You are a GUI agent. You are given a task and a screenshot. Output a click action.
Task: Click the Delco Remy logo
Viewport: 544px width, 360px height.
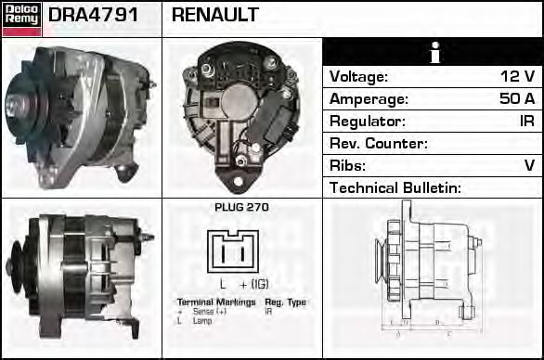pyautogui.click(x=20, y=18)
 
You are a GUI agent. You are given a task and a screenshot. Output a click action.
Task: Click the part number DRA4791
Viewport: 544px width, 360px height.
pyautogui.click(x=93, y=16)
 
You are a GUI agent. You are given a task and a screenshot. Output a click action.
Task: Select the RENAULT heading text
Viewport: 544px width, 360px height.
pyautogui.click(x=215, y=16)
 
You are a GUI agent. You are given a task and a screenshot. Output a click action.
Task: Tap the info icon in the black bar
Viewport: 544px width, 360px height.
pyautogui.click(x=433, y=53)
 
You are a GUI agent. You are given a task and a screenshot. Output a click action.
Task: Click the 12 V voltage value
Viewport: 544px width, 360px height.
pyautogui.click(x=516, y=76)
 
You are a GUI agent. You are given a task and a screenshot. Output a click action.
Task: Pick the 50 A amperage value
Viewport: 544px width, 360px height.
pyautogui.click(x=517, y=98)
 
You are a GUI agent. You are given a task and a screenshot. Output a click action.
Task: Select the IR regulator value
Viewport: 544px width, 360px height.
pyautogui.click(x=525, y=121)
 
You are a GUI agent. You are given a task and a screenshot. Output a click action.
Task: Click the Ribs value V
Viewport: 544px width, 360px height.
pyautogui.click(x=529, y=165)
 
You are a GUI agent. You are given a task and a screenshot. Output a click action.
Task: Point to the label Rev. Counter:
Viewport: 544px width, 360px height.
pyautogui.click(x=378, y=143)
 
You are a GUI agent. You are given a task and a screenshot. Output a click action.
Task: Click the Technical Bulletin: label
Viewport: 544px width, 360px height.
pyautogui.click(x=395, y=187)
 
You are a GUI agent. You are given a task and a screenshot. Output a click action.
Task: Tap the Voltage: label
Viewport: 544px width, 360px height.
pyautogui.click(x=358, y=76)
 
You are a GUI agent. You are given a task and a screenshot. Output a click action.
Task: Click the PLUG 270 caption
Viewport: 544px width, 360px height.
pyautogui.click(x=241, y=208)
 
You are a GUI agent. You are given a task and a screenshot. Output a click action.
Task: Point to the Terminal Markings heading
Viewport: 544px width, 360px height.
pyautogui.click(x=214, y=302)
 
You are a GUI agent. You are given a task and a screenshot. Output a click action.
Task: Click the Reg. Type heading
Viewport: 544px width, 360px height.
pyautogui.click(x=285, y=302)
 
